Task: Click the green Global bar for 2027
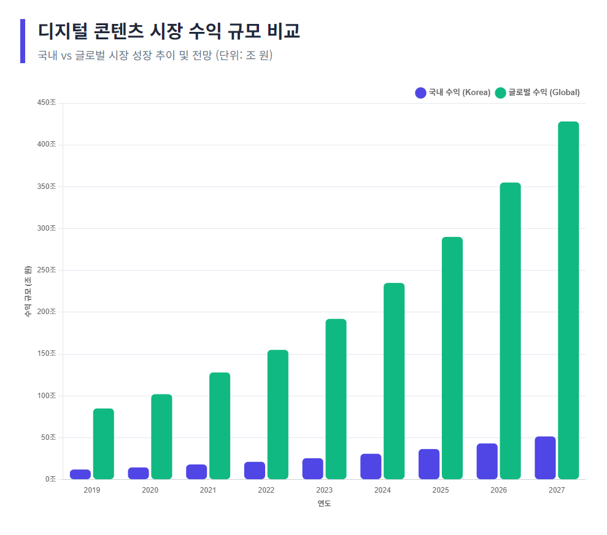click(568, 300)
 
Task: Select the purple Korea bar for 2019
click(80, 474)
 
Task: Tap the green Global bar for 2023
click(336, 399)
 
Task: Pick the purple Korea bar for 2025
click(429, 464)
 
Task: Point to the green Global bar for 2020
click(161, 436)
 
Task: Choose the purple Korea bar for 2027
click(545, 458)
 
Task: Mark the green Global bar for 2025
click(452, 358)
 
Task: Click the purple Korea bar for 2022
click(255, 470)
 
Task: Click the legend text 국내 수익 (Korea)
click(459, 93)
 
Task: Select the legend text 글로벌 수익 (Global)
click(544, 93)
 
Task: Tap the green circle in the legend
click(501, 93)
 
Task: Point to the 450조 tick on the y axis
click(47, 102)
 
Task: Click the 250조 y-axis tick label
click(47, 270)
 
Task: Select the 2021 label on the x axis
click(208, 490)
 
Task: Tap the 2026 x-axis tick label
click(498, 490)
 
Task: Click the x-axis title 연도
click(324, 504)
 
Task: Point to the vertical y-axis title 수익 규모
click(28, 291)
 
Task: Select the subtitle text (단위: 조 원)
click(244, 55)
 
